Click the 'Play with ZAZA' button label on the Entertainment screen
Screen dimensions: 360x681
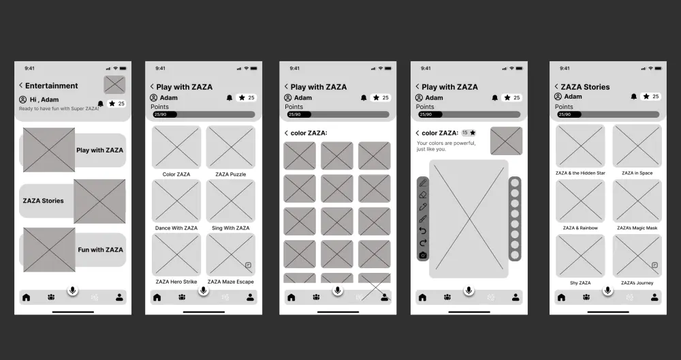99,150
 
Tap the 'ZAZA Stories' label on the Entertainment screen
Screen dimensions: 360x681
43,201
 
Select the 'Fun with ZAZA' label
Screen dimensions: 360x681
100,250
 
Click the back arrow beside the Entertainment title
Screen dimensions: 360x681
20,86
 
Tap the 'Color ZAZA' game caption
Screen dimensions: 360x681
176,174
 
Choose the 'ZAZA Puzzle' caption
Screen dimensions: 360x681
231,174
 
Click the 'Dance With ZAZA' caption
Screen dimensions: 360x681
176,228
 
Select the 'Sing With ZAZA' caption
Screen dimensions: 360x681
231,228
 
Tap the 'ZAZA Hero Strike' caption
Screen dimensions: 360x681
176,282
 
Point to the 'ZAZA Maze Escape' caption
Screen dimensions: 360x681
231,282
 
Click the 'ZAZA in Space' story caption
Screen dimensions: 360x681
637,173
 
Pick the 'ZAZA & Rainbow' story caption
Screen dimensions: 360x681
580,228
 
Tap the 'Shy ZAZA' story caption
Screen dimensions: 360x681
580,282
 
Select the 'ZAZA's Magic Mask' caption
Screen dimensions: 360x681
637,228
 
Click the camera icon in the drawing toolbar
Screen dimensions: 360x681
423,255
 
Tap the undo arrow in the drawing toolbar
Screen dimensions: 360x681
423,231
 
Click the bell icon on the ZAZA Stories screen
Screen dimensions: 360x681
634,97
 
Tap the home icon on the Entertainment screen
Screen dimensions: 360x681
26,297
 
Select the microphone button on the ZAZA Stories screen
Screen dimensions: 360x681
608,291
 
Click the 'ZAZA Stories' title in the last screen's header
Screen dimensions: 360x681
585,86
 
